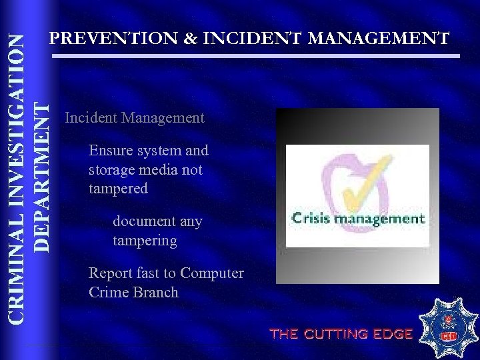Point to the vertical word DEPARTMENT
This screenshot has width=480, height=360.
click(41, 177)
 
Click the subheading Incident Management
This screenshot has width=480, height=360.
click(135, 119)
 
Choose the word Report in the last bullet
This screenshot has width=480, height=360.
click(110, 273)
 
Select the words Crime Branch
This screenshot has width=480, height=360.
click(133, 292)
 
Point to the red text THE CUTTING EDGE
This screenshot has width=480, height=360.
click(341, 334)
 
